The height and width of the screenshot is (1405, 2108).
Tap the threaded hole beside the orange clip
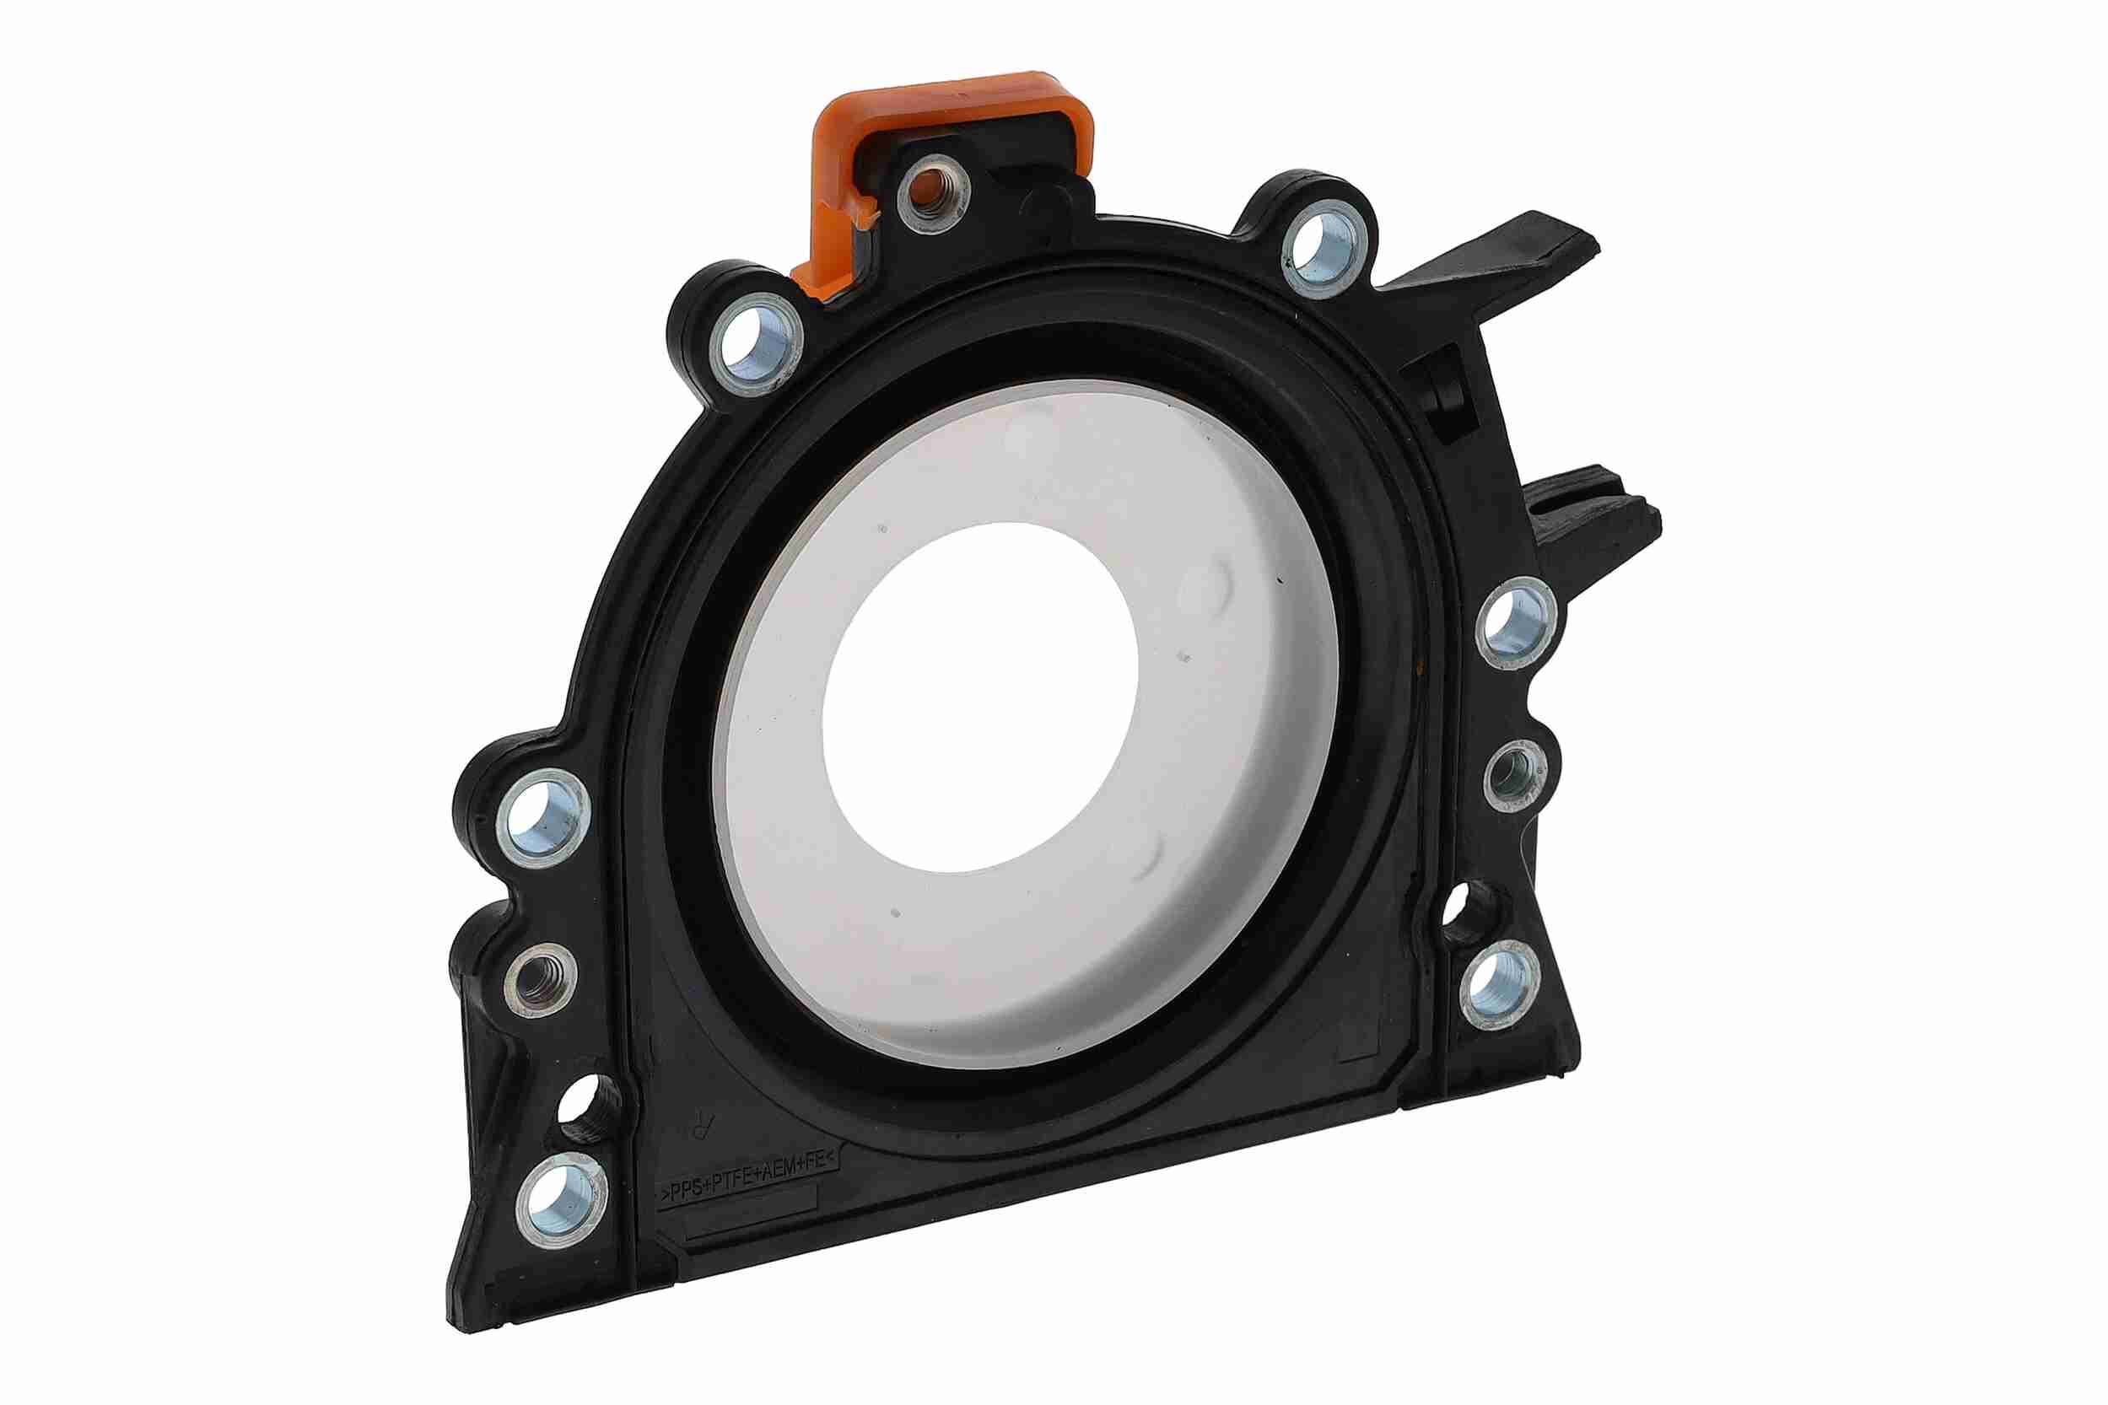[x=932, y=196]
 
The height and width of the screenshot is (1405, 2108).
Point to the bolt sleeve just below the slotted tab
[x=1516, y=622]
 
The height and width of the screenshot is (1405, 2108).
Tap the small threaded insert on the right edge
[x=1515, y=776]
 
